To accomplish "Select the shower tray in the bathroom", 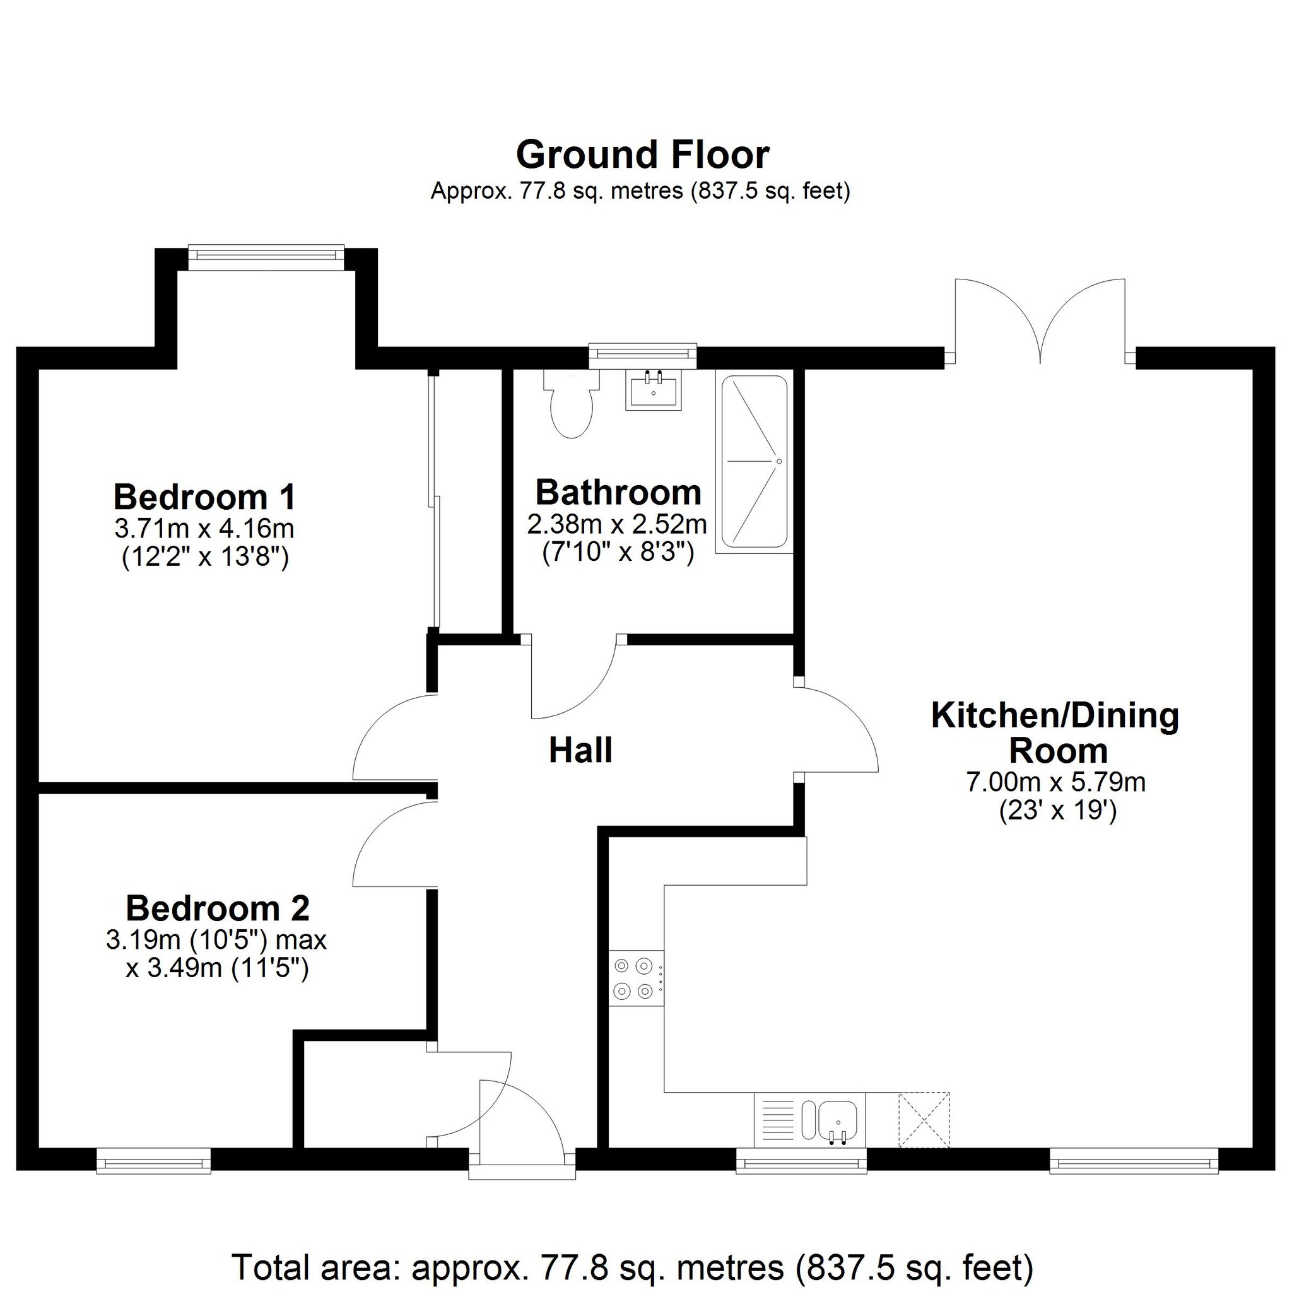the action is [754, 461].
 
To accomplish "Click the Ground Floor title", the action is [643, 155].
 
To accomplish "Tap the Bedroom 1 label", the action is [204, 497].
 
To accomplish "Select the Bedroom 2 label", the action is [218, 908].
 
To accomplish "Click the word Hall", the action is [580, 750].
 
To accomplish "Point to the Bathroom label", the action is [619, 493].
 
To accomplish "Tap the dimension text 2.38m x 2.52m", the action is [617, 524].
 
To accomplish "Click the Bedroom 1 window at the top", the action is [266, 257].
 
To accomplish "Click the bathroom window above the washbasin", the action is [643, 355].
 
